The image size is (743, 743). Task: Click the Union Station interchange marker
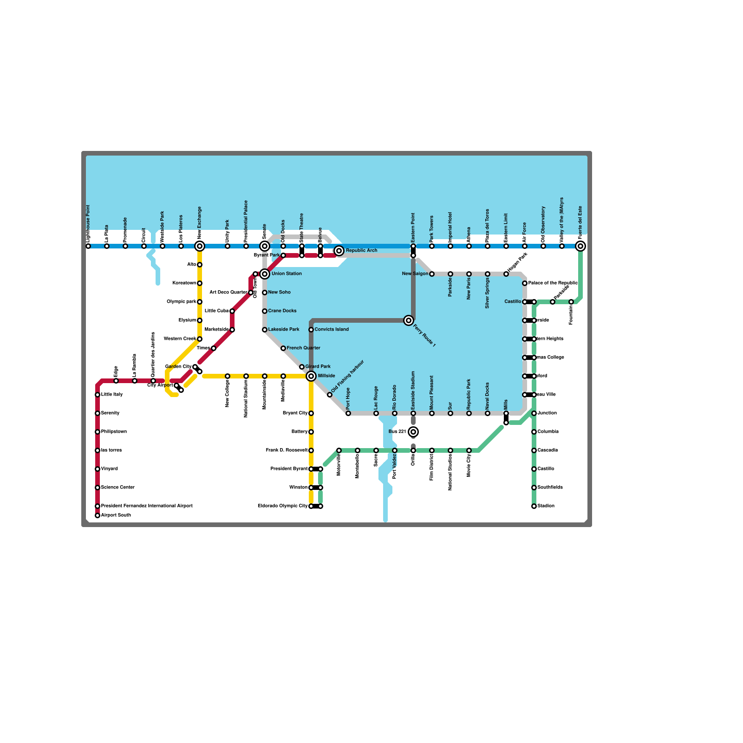265,274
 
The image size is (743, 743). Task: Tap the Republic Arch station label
361,251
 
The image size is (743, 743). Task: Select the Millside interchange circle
311,376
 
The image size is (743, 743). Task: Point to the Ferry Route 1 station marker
409,320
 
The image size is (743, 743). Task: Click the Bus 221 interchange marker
413,432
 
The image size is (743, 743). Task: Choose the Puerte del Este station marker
580,246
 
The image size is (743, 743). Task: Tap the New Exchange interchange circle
200,246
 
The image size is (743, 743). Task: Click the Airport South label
116,515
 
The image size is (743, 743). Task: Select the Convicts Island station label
332,330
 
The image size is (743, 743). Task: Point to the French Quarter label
303,348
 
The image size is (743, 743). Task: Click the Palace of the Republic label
553,283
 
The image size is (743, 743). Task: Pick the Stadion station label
546,506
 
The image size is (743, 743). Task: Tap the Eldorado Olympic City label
282,506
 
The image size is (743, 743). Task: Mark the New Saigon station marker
432,274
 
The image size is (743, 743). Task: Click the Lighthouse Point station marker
88,246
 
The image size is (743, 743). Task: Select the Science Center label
117,488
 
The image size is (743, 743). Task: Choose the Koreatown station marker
200,283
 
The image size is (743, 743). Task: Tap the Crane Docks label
282,311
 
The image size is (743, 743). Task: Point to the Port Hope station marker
348,413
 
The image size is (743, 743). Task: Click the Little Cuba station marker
232,311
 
